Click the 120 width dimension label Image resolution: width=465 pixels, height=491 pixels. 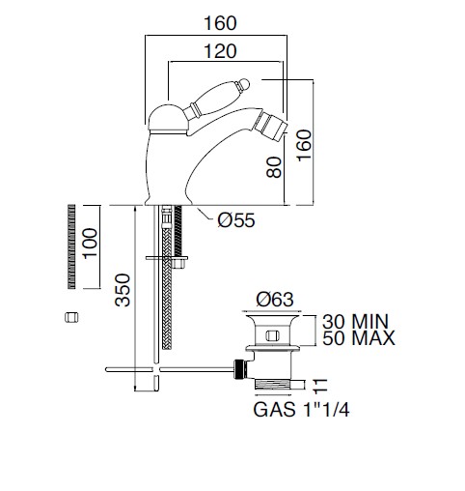tap(220, 51)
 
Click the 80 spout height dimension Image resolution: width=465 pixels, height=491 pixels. tap(274, 167)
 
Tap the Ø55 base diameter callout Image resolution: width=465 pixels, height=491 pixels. tap(236, 220)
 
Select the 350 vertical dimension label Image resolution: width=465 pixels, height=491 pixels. tap(123, 290)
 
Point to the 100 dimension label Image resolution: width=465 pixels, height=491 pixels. tap(90, 243)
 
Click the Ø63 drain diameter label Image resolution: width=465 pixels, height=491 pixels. tap(275, 300)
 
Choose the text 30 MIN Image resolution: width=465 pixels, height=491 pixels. tap(356, 321)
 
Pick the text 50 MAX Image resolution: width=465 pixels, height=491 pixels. tap(359, 338)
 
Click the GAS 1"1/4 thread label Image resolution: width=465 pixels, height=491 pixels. tap(301, 410)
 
